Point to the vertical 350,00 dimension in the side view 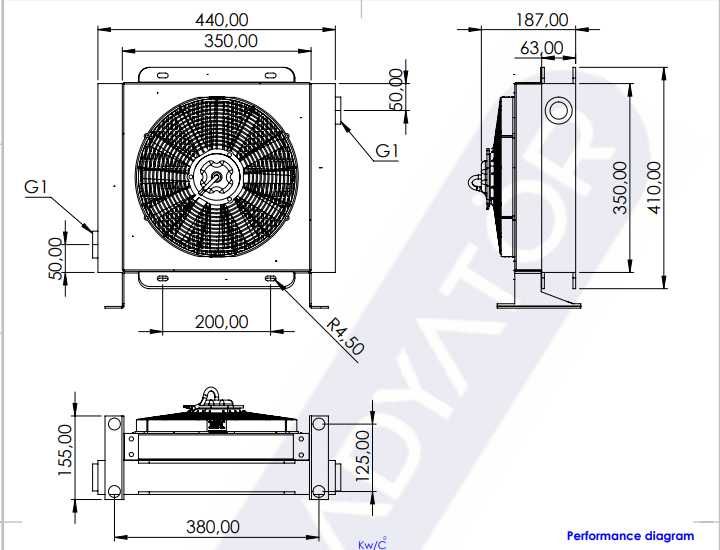pos(620,187)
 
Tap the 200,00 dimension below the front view pos(221,321)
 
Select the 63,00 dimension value pos(541,47)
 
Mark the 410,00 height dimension pos(655,187)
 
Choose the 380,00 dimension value pos(212,526)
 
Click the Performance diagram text pos(630,537)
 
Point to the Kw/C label pos(372,544)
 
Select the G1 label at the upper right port pos(388,151)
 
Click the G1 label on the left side pos(37,186)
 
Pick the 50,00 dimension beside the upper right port pos(396,90)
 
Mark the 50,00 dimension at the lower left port pos(56,257)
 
